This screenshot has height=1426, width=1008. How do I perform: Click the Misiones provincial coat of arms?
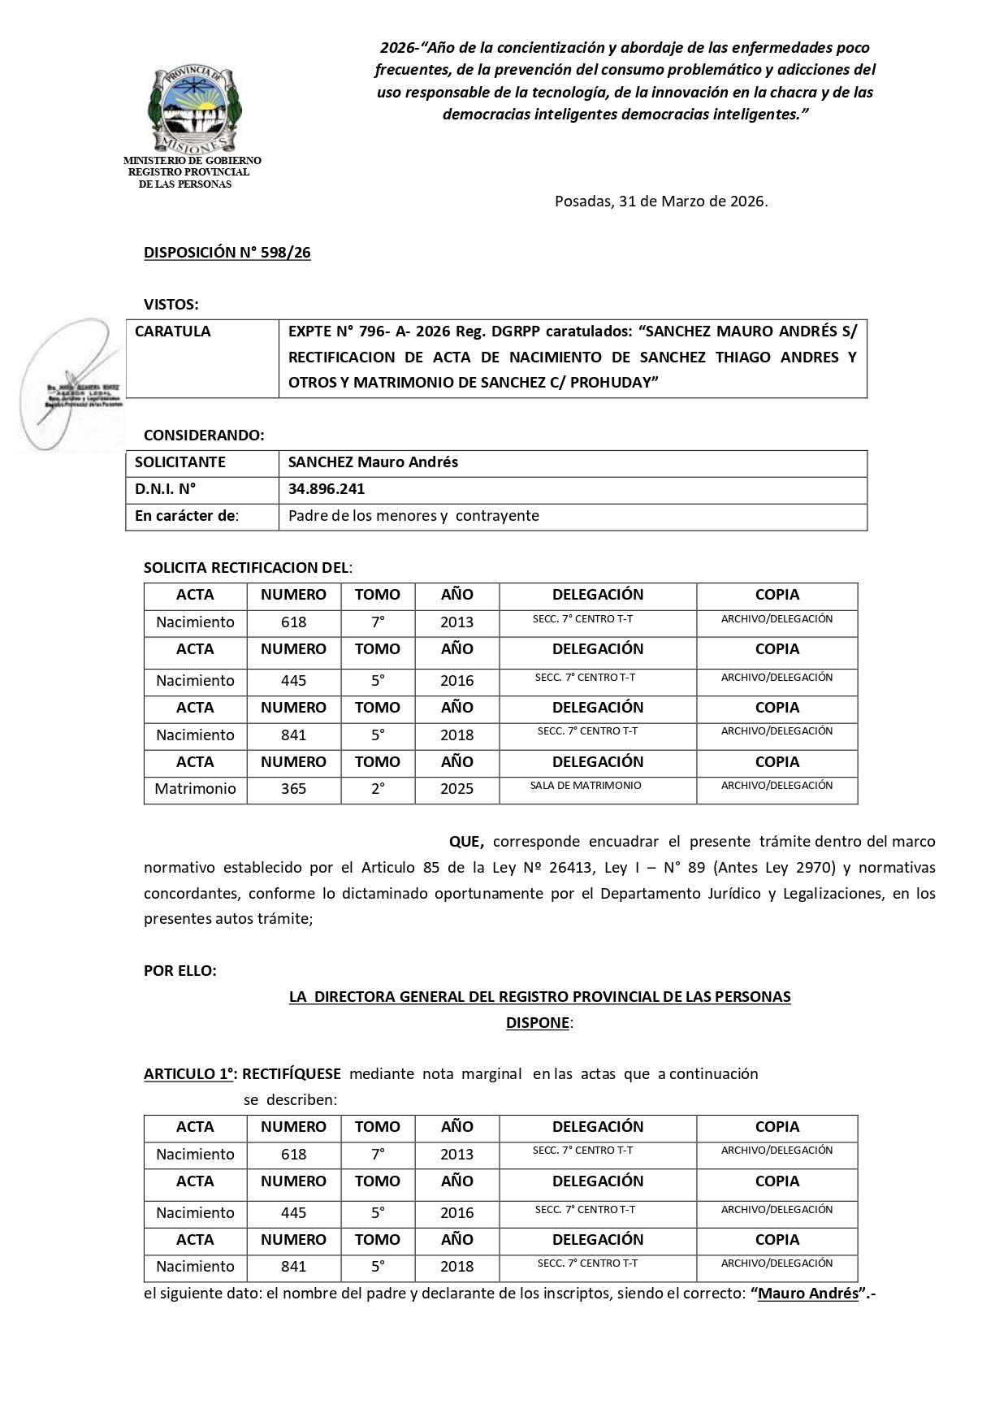click(x=194, y=109)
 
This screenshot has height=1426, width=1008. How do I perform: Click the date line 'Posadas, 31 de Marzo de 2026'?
click(x=660, y=202)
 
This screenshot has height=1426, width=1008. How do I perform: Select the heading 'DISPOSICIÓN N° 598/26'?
click(x=227, y=253)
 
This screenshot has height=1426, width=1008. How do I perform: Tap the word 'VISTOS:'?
click(x=171, y=305)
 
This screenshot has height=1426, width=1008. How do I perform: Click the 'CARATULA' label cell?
click(x=172, y=332)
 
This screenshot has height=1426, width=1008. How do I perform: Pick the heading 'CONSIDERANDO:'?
click(x=203, y=436)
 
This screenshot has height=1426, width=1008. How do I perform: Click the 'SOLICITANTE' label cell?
click(x=180, y=462)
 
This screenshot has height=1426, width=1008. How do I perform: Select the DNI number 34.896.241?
click(x=326, y=489)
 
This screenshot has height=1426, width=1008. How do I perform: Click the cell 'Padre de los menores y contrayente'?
click(x=413, y=516)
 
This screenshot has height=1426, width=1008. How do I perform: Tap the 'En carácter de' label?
click(x=186, y=516)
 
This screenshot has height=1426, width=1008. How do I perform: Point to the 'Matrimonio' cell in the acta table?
click(x=195, y=789)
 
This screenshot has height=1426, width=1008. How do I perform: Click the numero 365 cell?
click(x=293, y=789)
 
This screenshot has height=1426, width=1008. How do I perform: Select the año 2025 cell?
click(x=456, y=789)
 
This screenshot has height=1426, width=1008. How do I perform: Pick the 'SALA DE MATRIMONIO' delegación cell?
click(x=586, y=786)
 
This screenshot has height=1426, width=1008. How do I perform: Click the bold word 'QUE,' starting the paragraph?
click(x=466, y=842)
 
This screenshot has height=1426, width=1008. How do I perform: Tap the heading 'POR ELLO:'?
click(x=180, y=971)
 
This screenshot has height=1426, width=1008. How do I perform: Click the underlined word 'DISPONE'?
click(x=537, y=1023)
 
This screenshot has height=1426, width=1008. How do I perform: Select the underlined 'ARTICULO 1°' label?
click(x=188, y=1074)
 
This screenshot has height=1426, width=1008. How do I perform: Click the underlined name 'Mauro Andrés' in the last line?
click(x=807, y=1294)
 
